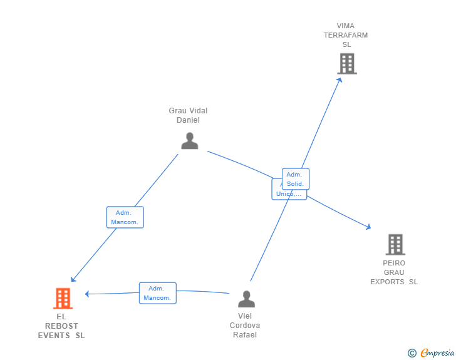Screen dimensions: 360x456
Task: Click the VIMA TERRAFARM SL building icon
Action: [347, 64]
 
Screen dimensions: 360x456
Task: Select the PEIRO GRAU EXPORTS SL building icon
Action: [395, 245]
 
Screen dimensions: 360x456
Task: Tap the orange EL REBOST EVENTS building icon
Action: [63, 299]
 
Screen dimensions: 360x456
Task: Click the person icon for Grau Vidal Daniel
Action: [189, 141]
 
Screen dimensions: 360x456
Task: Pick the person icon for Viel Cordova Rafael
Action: [246, 299]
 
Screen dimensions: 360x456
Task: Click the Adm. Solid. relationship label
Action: [296, 179]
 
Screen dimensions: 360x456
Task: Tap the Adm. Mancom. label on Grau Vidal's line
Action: [125, 217]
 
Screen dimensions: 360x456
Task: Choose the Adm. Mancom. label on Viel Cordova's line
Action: [157, 293]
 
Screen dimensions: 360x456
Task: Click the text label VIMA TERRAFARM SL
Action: [346, 35]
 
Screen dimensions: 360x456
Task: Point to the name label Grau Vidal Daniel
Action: [188, 115]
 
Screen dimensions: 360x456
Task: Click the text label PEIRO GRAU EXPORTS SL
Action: [394, 272]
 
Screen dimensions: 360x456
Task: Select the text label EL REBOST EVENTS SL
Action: [61, 326]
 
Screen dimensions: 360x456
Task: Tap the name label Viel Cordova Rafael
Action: [245, 326]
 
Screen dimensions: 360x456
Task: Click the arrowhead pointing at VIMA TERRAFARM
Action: [339, 80]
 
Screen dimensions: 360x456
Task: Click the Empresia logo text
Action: [437, 353]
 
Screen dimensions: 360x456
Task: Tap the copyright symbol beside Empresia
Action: [412, 353]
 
